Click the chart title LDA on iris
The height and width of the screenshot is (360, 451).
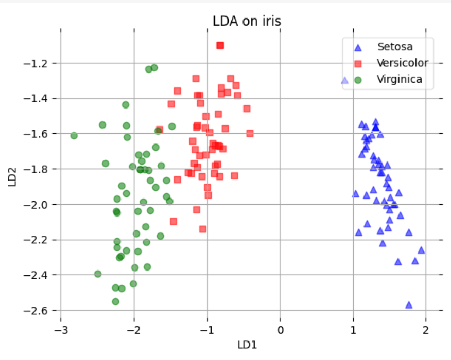pos(247,21)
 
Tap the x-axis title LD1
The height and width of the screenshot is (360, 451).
pos(247,345)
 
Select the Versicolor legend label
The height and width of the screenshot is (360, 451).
pos(402,63)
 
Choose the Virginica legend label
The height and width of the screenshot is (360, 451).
pos(400,79)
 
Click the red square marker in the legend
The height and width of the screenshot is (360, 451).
pos(358,64)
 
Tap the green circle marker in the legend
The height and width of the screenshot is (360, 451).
pos(358,80)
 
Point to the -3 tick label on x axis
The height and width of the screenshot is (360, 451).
pos(61,329)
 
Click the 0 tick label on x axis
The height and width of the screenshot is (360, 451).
pos(280,329)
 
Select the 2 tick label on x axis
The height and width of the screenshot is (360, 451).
pos(426,329)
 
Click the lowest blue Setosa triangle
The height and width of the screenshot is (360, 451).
pos(409,304)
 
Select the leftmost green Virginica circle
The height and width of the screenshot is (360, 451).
pos(74,136)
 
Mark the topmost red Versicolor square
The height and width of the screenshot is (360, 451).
pos(220,45)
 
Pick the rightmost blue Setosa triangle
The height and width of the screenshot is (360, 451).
pos(421,250)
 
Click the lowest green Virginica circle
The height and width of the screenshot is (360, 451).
pos(116,301)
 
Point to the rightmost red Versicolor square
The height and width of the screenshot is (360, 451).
pos(250,133)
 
